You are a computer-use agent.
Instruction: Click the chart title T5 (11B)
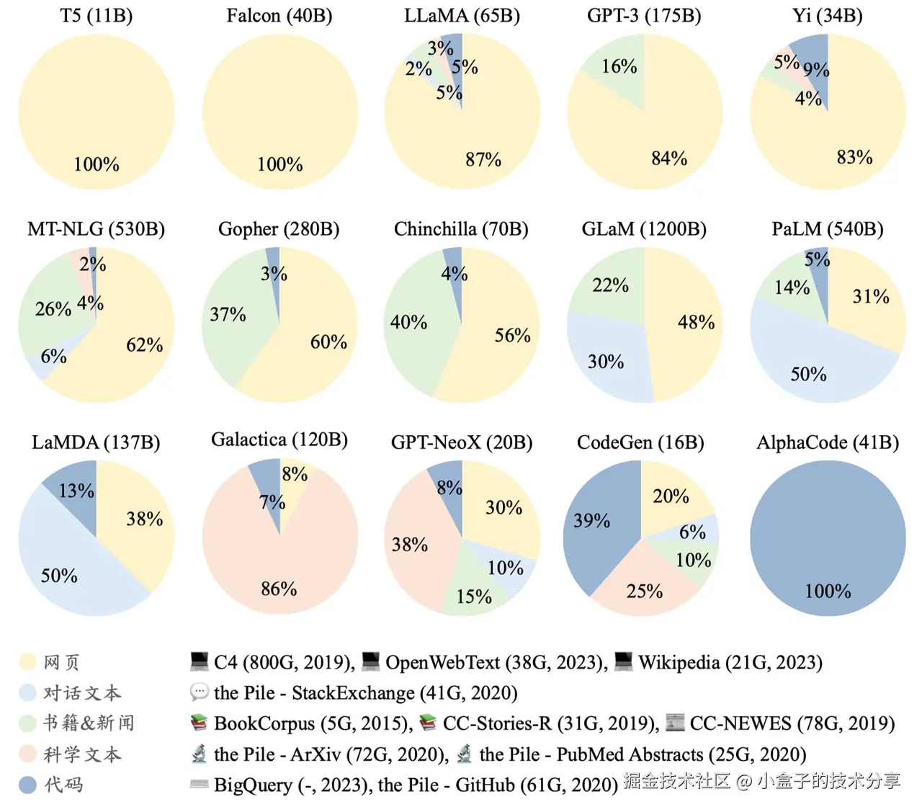click(x=96, y=16)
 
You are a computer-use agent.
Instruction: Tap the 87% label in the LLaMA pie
click(x=483, y=159)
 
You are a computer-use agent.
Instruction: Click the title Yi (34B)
click(x=827, y=16)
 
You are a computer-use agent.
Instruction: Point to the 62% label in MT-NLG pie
click(x=144, y=345)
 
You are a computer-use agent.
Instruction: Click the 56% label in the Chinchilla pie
click(x=512, y=336)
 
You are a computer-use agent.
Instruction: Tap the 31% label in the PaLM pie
click(x=870, y=297)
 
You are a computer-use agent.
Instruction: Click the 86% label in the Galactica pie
click(x=279, y=589)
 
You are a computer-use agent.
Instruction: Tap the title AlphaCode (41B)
click(x=827, y=442)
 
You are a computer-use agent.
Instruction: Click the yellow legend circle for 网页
click(x=27, y=662)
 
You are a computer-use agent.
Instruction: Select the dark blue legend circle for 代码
click(x=27, y=785)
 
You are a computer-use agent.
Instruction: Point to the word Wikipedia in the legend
click(x=679, y=663)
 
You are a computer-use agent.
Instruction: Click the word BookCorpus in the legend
click(x=264, y=723)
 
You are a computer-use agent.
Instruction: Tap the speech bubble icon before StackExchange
click(x=199, y=692)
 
